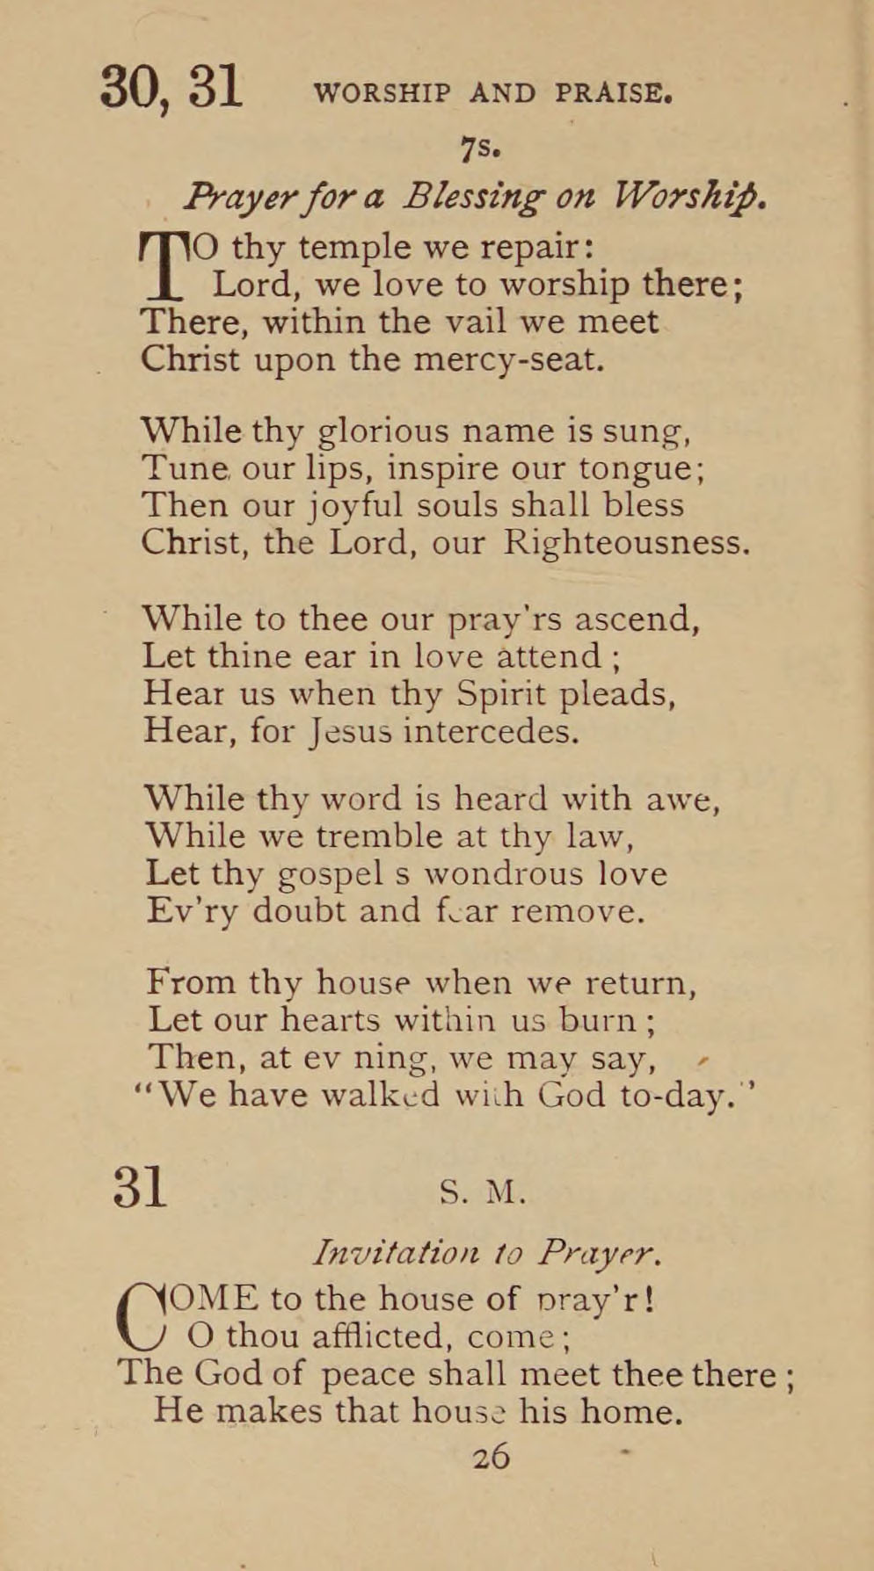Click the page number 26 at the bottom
(491, 1457)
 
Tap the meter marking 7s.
(480, 149)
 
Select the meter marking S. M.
(483, 1192)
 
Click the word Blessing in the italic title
(472, 197)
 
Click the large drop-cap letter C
(142, 1318)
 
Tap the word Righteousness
(626, 542)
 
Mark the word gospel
(331, 874)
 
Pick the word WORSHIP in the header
(382, 93)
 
